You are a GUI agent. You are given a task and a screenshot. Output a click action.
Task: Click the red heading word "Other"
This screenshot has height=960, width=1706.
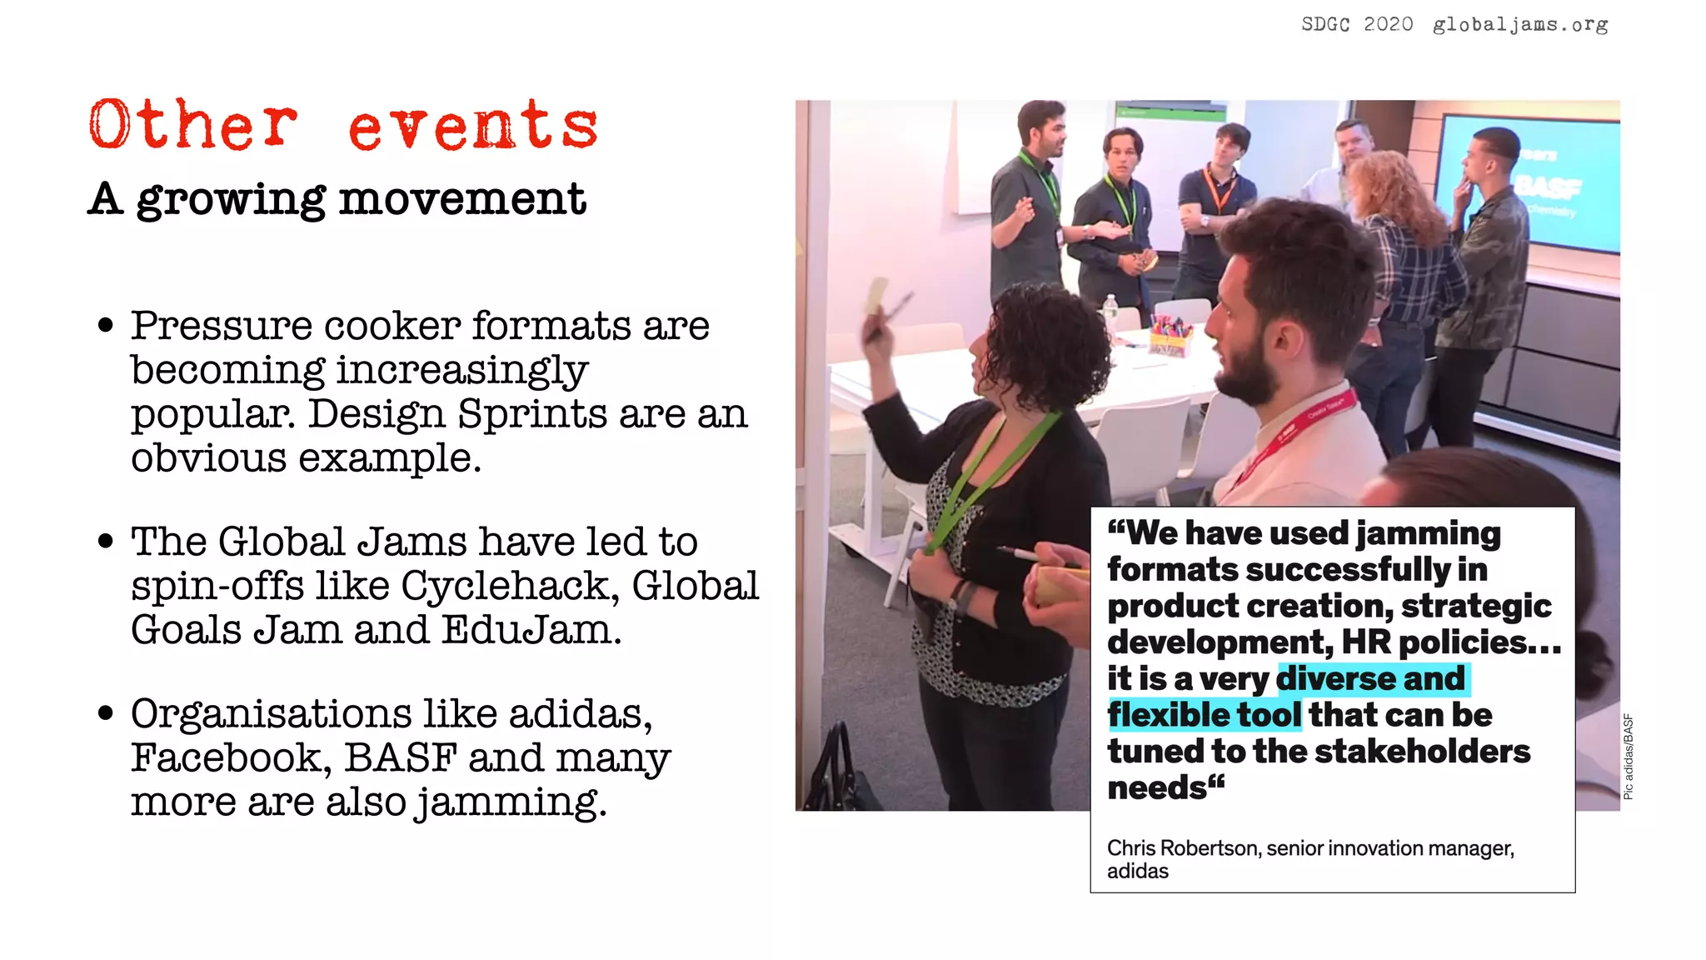click(192, 125)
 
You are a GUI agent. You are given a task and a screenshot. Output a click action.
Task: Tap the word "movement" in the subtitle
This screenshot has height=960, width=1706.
click(462, 199)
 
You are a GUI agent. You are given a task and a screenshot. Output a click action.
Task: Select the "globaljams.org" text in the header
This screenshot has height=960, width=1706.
click(1519, 25)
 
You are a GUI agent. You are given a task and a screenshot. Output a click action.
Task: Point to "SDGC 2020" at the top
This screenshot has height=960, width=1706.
click(1357, 25)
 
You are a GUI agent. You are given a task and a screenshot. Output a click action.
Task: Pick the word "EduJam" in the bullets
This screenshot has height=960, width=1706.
click(528, 630)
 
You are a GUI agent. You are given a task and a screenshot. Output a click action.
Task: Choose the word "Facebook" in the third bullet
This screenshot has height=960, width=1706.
click(225, 758)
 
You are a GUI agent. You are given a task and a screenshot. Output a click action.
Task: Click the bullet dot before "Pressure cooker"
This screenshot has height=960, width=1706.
click(105, 326)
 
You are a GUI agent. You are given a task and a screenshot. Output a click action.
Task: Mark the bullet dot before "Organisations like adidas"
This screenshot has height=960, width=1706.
click(105, 714)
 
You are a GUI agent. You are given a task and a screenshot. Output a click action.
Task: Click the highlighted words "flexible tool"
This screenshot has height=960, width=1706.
click(1204, 715)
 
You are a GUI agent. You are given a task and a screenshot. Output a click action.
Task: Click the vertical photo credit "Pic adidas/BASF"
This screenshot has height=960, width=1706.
click(1629, 757)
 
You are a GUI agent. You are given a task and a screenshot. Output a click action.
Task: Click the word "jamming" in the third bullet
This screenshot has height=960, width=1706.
click(511, 802)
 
